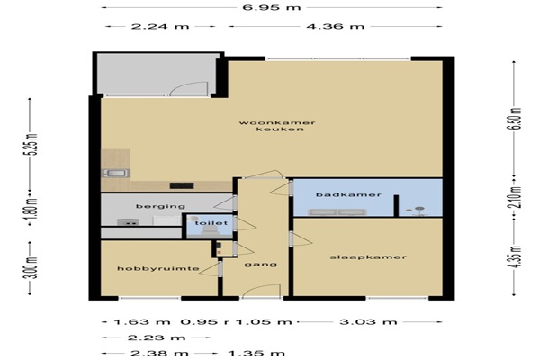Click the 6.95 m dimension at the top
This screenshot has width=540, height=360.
pos(272,7)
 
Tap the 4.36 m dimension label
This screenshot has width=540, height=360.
pos(336,26)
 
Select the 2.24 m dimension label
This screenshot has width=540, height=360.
pos(160,26)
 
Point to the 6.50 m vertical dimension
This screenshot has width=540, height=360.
pos(517,119)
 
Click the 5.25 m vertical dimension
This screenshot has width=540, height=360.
pos(33,144)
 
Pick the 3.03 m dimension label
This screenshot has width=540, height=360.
pos(368,322)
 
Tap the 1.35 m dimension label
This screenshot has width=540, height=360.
pos(256,353)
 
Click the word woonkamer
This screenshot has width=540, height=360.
pos(277,122)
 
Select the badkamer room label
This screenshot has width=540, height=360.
pos(348,194)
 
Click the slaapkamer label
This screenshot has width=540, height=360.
pos(368,257)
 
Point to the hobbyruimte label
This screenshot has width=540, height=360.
pos(158,268)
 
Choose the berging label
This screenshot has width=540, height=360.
pos(160,206)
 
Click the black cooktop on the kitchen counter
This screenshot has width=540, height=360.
pos(182,185)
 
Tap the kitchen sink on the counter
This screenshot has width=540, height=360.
pos(116,174)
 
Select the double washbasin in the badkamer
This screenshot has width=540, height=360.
pos(337,212)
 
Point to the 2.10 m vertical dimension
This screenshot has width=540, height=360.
pos(517,197)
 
